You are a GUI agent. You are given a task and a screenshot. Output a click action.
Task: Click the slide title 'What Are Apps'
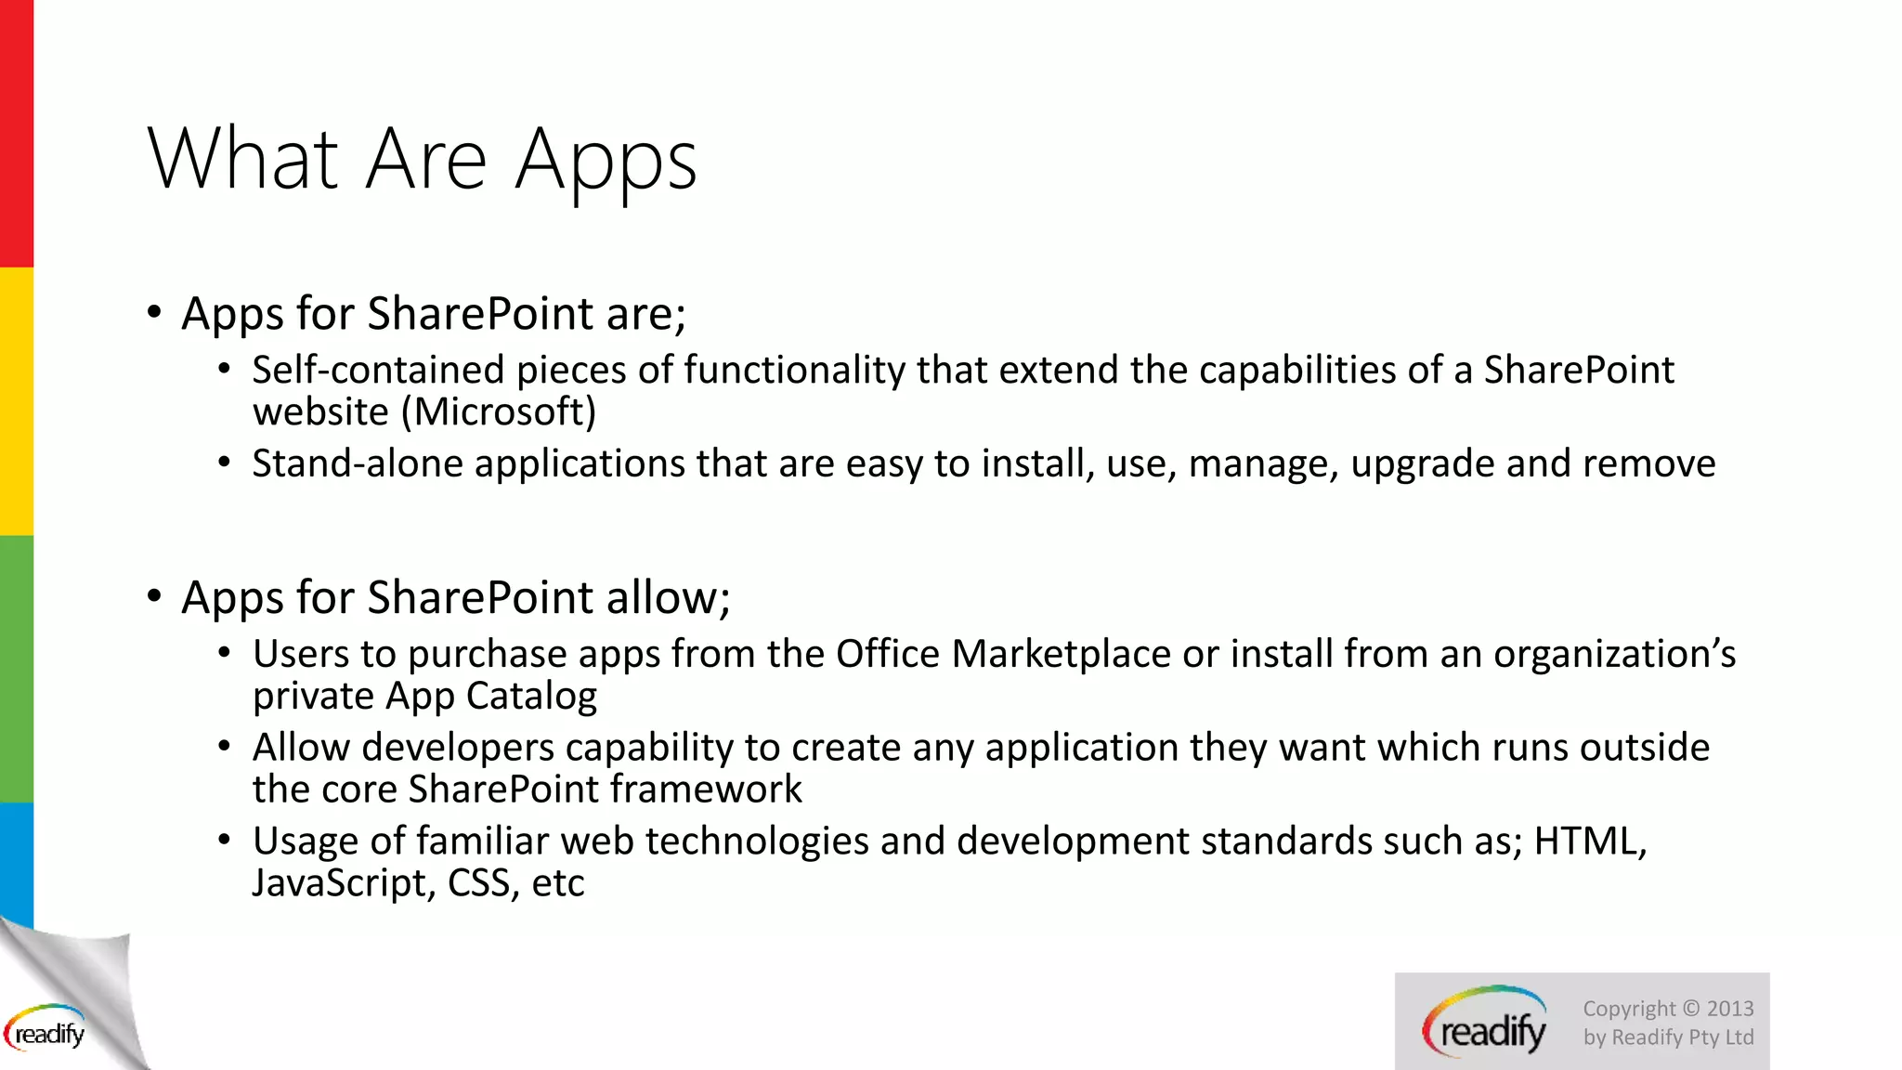[x=422, y=160]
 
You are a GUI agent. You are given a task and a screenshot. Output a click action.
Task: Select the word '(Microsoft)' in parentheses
[x=499, y=411]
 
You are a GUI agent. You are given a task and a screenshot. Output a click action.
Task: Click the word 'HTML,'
[x=1590, y=842]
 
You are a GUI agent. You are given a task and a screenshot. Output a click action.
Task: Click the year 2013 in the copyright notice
[x=1729, y=1009]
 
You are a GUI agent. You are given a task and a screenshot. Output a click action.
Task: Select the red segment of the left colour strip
[x=16, y=135]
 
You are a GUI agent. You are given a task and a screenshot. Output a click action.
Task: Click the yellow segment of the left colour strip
[x=16, y=401]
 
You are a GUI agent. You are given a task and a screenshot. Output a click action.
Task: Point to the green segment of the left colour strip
[x=16, y=669]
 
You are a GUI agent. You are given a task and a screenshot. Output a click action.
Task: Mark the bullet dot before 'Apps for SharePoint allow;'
[x=154, y=595]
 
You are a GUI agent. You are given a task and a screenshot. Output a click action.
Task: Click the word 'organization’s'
[x=1614, y=654]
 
